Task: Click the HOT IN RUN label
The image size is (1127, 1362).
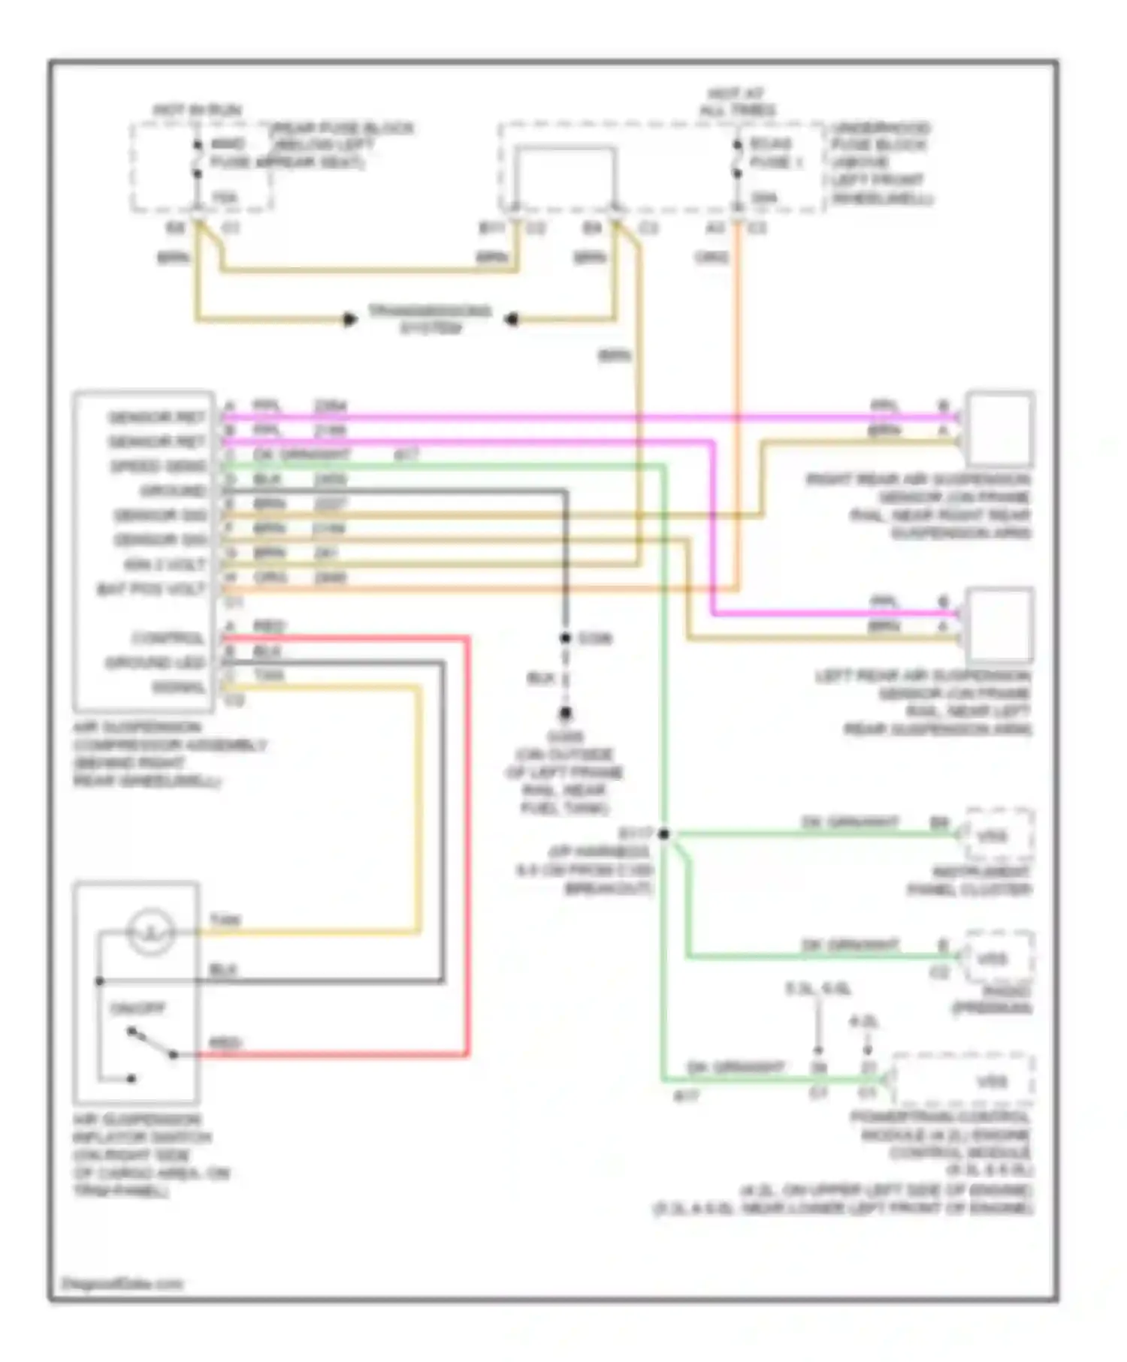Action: (197, 110)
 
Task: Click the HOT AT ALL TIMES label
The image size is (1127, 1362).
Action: (737, 102)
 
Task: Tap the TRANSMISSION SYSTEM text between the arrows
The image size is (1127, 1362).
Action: (430, 319)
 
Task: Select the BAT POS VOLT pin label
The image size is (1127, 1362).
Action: (152, 589)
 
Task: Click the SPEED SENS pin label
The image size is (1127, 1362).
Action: (159, 466)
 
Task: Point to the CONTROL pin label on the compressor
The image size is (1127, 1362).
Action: (168, 638)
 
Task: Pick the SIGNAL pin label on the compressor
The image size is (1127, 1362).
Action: (178, 687)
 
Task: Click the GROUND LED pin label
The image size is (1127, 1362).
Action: (156, 662)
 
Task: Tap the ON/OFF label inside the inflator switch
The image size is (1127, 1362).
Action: (137, 1008)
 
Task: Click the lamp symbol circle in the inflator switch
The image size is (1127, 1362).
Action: (151, 932)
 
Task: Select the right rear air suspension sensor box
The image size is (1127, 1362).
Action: (1000, 429)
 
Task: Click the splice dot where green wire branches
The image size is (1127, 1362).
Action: (664, 833)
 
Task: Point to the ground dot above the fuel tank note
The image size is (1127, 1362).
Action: (565, 713)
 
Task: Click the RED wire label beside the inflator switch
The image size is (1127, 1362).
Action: (225, 1043)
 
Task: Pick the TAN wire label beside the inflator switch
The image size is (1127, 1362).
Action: (225, 920)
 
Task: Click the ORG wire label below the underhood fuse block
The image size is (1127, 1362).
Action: (712, 258)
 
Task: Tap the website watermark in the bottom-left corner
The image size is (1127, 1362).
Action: (122, 1283)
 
